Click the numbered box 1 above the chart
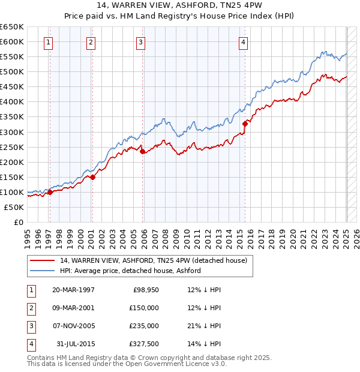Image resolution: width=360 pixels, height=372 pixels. pyautogui.click(x=47, y=42)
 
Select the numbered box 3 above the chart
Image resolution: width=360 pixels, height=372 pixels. pyautogui.click(x=140, y=42)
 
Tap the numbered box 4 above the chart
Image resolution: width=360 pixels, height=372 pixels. pyautogui.click(x=243, y=42)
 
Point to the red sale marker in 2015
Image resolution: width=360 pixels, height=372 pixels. pyautogui.click(x=245, y=124)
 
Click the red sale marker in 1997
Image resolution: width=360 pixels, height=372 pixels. pyautogui.click(x=50, y=192)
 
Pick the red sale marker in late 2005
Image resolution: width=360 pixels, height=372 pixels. pyautogui.click(x=143, y=151)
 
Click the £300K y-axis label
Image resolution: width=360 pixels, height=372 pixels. pyautogui.click(x=12, y=132)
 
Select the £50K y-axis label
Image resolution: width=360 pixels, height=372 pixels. pyautogui.click(x=14, y=207)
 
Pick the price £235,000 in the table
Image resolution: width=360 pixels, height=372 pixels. pyautogui.click(x=145, y=326)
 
